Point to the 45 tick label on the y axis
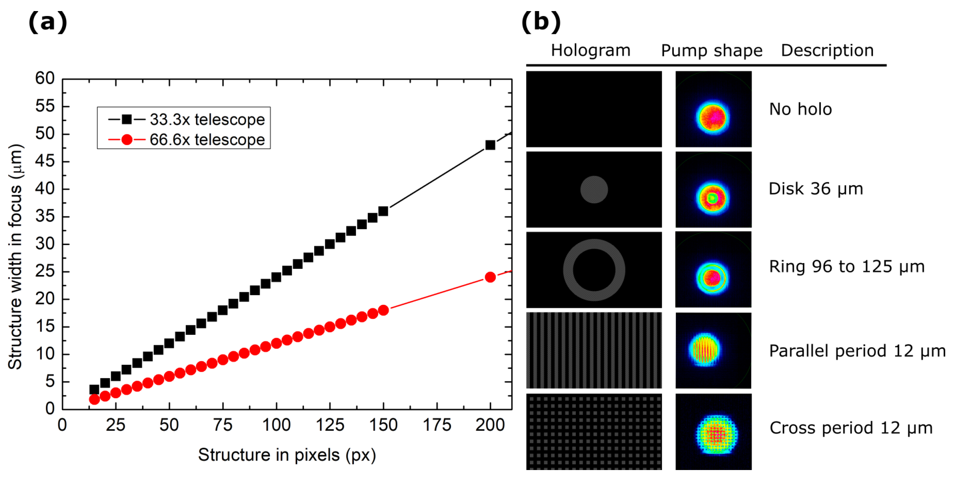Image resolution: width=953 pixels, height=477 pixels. point(45,161)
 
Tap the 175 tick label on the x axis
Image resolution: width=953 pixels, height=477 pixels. point(437,425)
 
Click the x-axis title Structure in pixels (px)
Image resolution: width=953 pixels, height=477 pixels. point(287,455)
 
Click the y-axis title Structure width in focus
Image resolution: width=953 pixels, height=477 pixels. point(15,257)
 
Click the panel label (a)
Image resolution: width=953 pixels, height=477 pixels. point(48,22)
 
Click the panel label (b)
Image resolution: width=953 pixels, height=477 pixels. point(541,22)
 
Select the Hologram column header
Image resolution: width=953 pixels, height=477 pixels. point(590,50)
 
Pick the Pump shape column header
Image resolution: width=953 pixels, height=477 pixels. point(711,51)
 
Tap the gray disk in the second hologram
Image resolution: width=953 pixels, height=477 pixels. point(594,190)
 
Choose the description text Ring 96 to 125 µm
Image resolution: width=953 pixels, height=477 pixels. point(846,267)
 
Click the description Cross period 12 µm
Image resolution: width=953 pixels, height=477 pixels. point(851,428)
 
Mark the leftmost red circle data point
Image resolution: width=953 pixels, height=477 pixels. point(94,399)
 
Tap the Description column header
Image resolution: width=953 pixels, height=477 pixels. point(827,50)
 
